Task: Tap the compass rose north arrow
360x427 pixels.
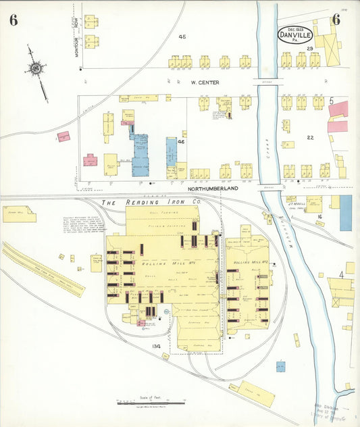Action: (36, 68)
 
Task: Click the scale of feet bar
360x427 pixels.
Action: (151, 403)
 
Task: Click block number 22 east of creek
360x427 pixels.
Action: (310, 137)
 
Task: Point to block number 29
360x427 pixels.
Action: (309, 49)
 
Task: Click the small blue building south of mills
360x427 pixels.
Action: (280, 366)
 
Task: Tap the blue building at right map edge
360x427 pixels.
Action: (345, 212)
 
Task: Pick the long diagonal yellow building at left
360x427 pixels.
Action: (43, 270)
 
